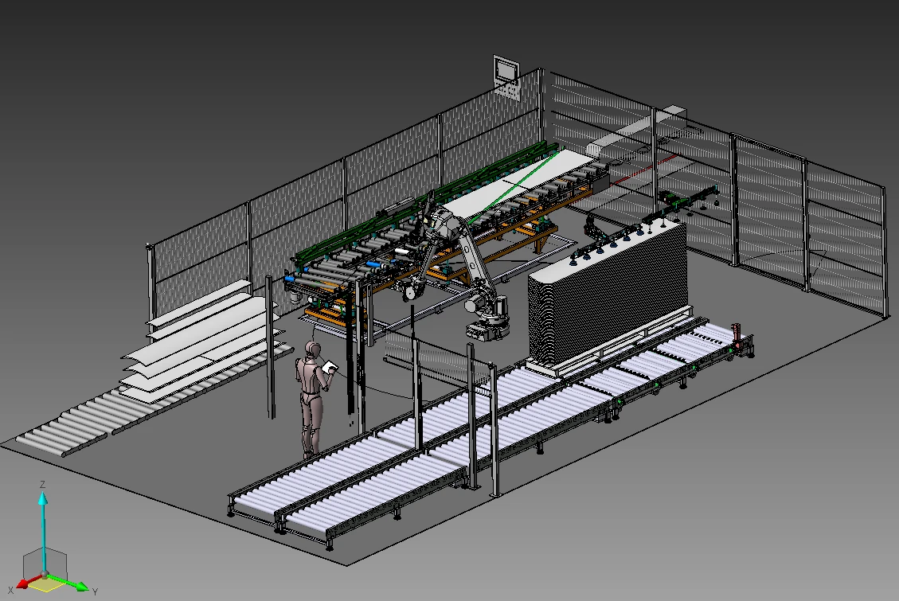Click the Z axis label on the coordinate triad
[43, 484]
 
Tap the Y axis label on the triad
[95, 591]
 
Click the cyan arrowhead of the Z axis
[43, 498]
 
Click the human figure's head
[314, 350]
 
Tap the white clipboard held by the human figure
[329, 367]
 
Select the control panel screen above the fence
[505, 68]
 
